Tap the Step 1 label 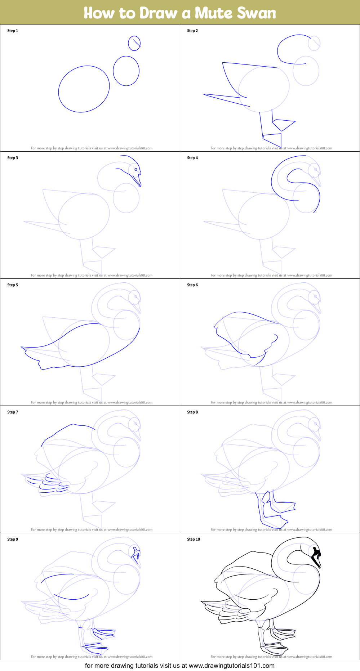pyautogui.click(x=13, y=31)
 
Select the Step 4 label pyautogui.click(x=192, y=158)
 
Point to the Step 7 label pyautogui.click(x=13, y=412)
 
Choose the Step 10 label pyautogui.click(x=194, y=539)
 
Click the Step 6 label pyautogui.click(x=192, y=285)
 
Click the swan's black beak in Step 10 pyautogui.click(x=316, y=557)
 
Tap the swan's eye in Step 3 pyautogui.click(x=136, y=169)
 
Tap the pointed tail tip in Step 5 pyautogui.click(x=21, y=347)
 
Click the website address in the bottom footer pyautogui.click(x=232, y=666)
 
